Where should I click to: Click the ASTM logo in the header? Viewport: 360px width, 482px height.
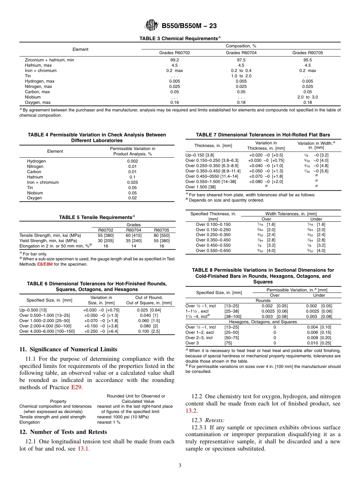(x=152, y=25)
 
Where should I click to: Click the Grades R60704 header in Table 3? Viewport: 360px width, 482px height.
(x=241, y=53)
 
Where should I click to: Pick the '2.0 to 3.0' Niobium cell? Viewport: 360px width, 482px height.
(x=307, y=97)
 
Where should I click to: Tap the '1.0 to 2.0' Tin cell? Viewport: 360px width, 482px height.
(x=241, y=76)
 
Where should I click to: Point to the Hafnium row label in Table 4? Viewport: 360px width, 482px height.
(x=35, y=177)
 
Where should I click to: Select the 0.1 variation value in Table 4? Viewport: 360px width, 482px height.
(x=132, y=177)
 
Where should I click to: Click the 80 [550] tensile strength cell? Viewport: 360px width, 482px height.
(x=162, y=235)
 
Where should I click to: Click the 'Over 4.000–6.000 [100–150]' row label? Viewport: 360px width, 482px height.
(x=47, y=331)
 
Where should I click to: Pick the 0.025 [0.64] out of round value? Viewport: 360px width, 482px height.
(x=150, y=310)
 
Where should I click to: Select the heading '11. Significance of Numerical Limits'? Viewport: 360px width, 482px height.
(x=68, y=349)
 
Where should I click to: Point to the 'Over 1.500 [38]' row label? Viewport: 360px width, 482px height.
(x=200, y=187)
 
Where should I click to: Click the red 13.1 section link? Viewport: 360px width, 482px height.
(x=83, y=449)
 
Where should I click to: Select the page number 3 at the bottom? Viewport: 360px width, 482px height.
(x=180, y=466)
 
